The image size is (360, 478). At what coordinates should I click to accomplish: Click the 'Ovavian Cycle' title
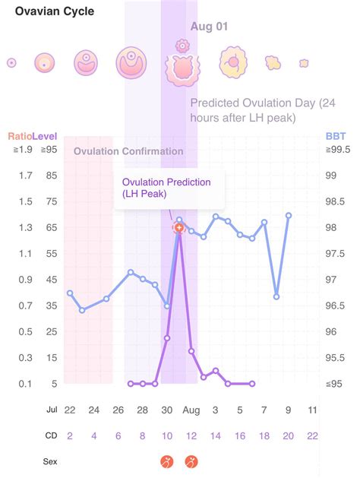pos(55,11)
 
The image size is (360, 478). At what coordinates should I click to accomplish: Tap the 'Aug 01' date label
pos(209,27)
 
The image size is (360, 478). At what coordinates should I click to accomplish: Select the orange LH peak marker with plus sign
pos(179,228)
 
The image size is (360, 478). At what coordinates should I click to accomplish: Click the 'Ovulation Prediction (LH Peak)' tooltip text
pos(166,188)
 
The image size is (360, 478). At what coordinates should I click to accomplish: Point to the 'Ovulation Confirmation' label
pos(128,151)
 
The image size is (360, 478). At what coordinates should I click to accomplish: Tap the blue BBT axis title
pos(336,136)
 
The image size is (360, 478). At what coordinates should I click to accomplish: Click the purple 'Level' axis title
pos(45,136)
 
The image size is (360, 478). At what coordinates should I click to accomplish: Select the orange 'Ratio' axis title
pos(20,136)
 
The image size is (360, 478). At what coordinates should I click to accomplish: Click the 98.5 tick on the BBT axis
pos(335,201)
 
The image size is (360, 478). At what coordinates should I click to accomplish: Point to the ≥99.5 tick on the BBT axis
pos(338,150)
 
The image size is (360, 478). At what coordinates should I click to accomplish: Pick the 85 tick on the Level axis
pos(52,176)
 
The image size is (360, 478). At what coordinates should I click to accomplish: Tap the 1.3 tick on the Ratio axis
pos(25,227)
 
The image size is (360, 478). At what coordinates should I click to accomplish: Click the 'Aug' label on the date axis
pos(191,410)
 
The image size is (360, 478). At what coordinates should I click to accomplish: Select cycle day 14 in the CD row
pos(216,436)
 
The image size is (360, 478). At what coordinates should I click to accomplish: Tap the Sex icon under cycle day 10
pos(167,462)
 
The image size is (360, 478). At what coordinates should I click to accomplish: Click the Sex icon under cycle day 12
pos(191,462)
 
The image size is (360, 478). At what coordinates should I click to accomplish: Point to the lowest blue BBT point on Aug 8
pos(276,296)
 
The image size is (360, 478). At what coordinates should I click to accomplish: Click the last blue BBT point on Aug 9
pos(289,216)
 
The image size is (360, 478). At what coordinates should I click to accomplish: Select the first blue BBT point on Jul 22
pos(70,293)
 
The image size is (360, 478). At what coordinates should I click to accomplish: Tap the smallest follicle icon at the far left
pos(11,63)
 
